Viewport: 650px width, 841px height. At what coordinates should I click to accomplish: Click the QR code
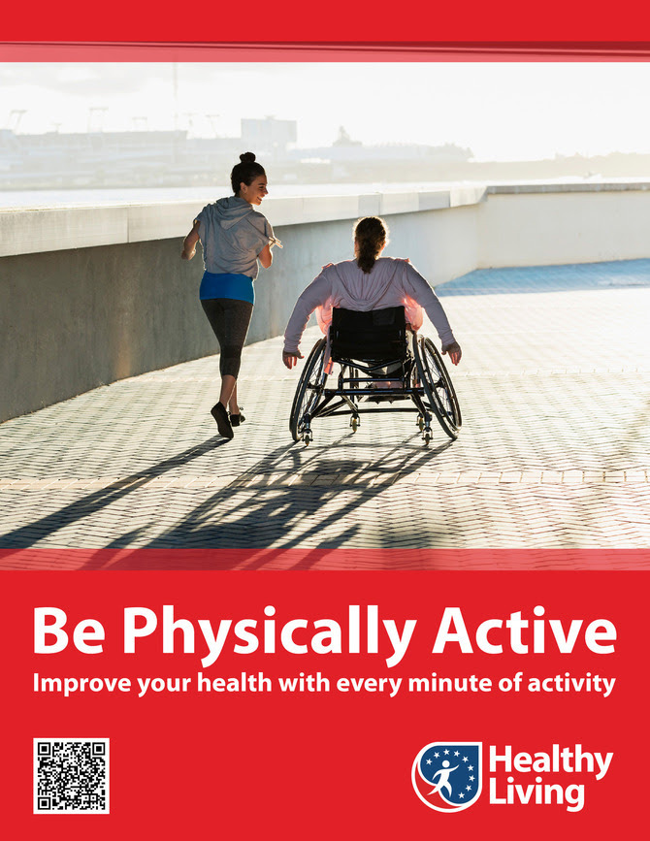point(72,776)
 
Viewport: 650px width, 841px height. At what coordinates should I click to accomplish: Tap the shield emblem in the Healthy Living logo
point(448,776)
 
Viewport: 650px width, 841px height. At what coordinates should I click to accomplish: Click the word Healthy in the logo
point(551,761)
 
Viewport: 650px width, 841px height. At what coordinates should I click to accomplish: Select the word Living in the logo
point(536,794)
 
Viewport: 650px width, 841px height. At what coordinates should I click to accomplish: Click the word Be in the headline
point(69,630)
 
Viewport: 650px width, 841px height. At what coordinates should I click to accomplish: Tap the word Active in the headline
point(525,630)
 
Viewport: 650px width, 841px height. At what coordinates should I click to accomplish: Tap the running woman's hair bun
point(247,158)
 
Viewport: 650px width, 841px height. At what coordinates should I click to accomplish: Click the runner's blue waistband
point(227,287)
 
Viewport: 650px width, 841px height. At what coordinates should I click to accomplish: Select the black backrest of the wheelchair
point(369,333)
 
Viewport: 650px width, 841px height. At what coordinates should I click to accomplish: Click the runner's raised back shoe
point(221,420)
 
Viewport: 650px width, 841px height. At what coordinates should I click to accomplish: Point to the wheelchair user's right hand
point(452,352)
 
